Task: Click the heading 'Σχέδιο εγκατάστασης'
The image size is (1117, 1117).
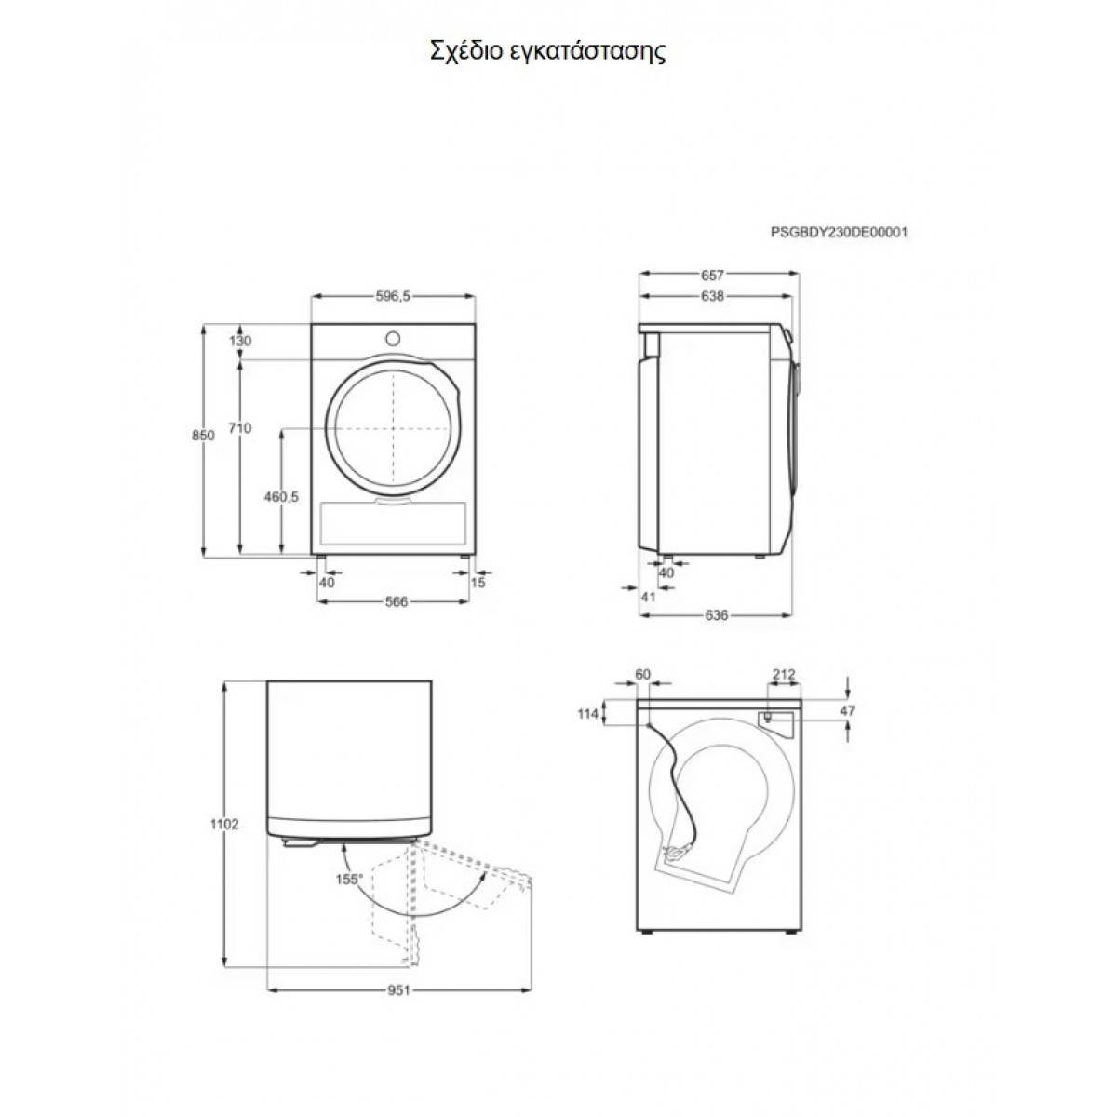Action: pos(547,51)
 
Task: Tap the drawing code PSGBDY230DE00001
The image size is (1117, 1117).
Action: pos(839,233)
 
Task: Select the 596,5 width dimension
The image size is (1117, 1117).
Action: pos(393,296)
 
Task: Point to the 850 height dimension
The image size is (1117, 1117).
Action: pos(203,435)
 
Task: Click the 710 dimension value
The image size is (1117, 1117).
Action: pos(240,428)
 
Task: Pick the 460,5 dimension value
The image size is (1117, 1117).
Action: pos(281,497)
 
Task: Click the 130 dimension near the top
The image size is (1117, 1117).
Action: pos(240,341)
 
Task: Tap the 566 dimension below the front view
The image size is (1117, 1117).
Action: pos(397,601)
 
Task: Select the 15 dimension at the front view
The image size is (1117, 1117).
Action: pos(478,583)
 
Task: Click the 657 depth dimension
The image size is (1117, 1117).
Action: pos(713,275)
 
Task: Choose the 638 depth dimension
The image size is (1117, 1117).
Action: pos(712,296)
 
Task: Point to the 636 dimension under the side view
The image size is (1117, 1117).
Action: pos(717,615)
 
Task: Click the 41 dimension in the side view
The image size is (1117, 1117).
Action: pos(648,597)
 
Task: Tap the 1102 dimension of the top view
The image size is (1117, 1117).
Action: pos(224,824)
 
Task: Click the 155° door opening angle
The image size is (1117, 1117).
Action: pos(349,880)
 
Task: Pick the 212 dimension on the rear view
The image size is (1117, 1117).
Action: pos(784,675)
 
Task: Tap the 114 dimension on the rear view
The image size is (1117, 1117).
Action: pos(587,714)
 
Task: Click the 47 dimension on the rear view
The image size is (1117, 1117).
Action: pos(847,710)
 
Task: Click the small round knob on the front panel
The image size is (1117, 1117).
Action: pos(393,339)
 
